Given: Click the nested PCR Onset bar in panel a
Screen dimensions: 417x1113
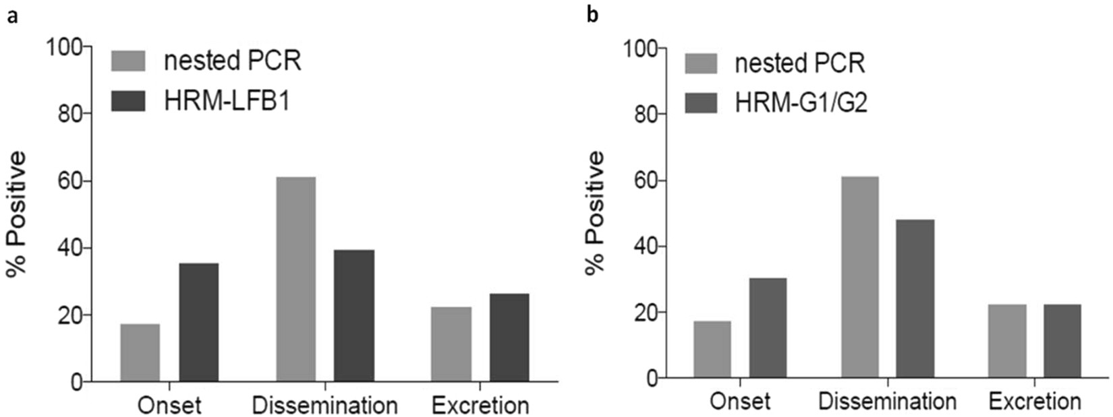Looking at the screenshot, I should pyautogui.click(x=140, y=353).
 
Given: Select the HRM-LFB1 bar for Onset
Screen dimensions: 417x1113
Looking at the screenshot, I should pyautogui.click(x=198, y=323).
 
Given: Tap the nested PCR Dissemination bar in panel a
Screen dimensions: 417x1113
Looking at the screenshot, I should pyautogui.click(x=295, y=280).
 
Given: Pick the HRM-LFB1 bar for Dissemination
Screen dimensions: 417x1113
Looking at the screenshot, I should pyautogui.click(x=353, y=316).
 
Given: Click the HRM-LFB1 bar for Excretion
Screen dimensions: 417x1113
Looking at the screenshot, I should pyautogui.click(x=509, y=338).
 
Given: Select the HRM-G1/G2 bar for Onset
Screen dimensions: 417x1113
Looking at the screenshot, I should pyautogui.click(x=768, y=327).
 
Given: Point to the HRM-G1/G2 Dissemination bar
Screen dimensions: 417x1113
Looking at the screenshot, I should pyautogui.click(x=915, y=298).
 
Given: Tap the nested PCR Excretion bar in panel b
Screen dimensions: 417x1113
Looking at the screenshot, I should pyautogui.click(x=1007, y=341).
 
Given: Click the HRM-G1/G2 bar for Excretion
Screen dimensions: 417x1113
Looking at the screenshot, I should pyautogui.click(x=1062, y=341).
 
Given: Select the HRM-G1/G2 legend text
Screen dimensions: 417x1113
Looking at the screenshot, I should pyautogui.click(x=800, y=103).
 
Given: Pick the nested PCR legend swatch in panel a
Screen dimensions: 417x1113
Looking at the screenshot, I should pyautogui.click(x=128, y=61).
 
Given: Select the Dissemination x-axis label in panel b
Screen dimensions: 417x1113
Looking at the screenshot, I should pyautogui.click(x=887, y=402).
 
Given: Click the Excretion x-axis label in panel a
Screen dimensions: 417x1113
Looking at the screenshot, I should pyautogui.click(x=480, y=406).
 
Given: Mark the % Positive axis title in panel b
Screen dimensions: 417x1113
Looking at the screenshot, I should pyautogui.click(x=595, y=213).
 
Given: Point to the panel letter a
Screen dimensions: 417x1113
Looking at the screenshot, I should pyautogui.click(x=12, y=16).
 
